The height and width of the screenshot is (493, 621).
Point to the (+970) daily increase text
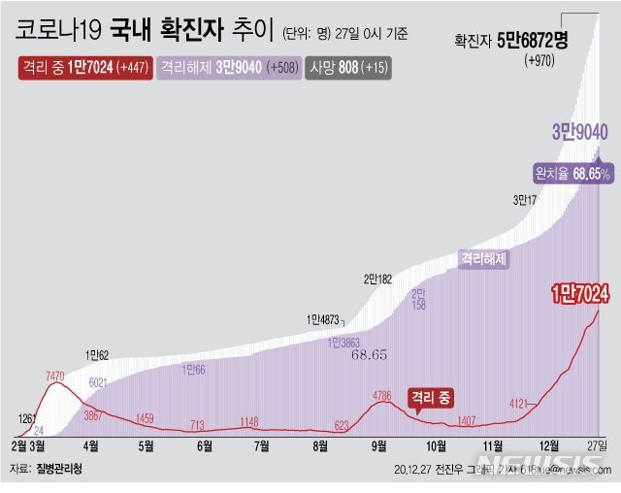point(539,60)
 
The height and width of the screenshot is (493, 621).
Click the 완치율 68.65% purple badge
point(572,173)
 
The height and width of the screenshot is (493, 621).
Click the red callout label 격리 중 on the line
point(431,396)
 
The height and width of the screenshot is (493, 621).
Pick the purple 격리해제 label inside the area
point(484,259)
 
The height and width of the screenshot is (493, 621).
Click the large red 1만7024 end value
point(579,291)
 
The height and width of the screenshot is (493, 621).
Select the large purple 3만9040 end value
point(579,132)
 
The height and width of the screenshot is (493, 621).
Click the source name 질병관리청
point(59,468)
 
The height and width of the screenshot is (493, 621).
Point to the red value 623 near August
point(342,424)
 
